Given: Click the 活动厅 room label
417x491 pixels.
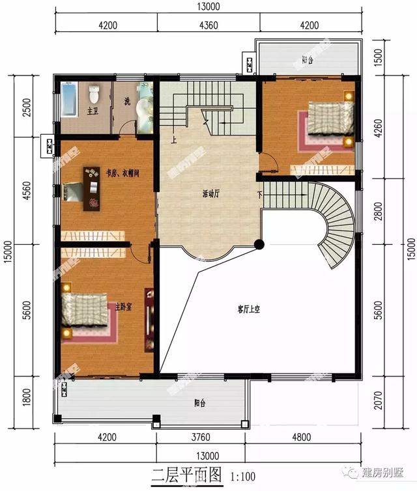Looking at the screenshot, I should click(x=210, y=194).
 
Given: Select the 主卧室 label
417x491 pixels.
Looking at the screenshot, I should click(x=123, y=307).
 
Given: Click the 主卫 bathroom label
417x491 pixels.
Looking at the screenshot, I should click(x=92, y=111).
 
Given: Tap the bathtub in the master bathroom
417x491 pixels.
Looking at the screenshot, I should click(x=70, y=100).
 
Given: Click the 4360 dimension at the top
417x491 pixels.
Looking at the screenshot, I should click(x=208, y=25).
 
